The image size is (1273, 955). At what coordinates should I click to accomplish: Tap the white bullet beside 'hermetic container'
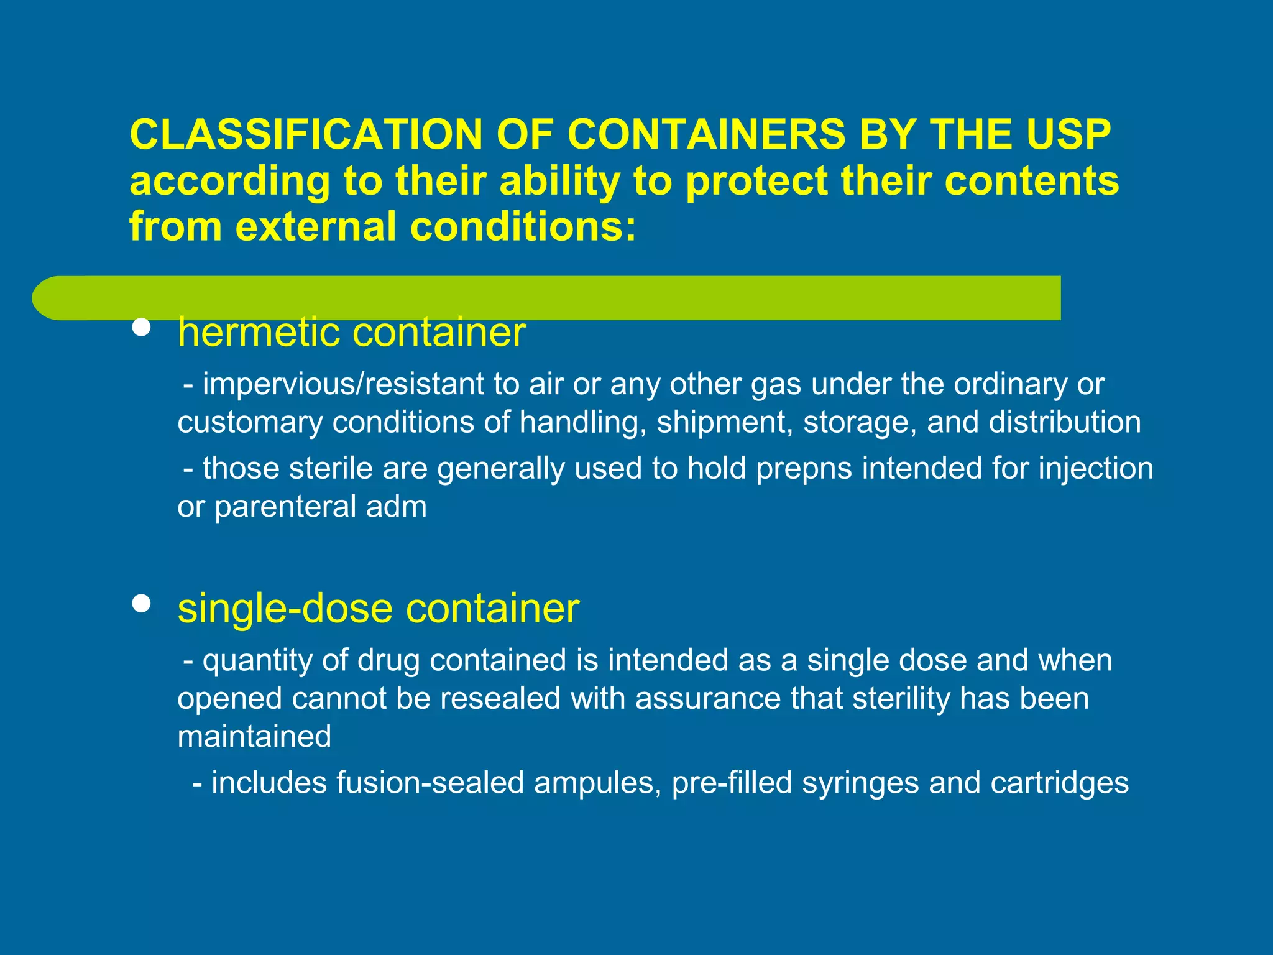(x=142, y=328)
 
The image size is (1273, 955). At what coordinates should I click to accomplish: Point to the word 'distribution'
(x=1065, y=422)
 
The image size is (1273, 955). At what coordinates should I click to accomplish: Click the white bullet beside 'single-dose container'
(x=142, y=603)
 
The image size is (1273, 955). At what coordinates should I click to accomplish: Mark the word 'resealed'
(x=500, y=698)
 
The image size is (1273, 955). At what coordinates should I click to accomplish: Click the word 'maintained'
(x=254, y=737)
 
